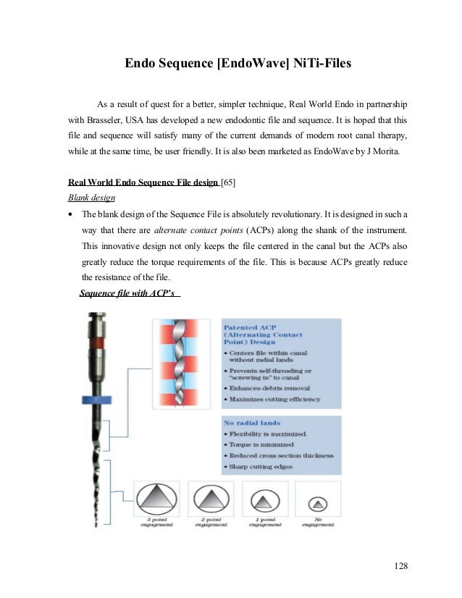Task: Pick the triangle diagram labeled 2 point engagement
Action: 211,500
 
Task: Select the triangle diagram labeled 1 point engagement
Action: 264,500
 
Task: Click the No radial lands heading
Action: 252,422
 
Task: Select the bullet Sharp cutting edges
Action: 264,467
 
